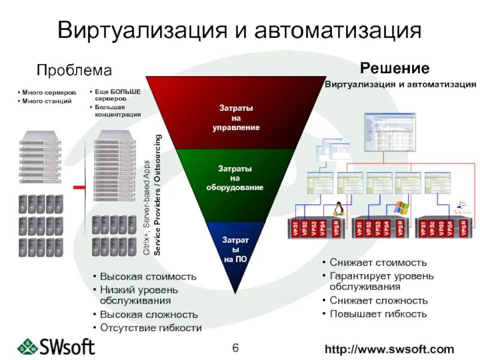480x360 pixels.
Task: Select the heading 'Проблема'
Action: click(x=74, y=71)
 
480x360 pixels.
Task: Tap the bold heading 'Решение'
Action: click(x=394, y=68)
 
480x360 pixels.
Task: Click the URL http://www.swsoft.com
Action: click(x=389, y=349)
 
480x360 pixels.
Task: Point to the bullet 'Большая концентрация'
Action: click(x=119, y=111)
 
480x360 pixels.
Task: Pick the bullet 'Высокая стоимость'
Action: click(x=148, y=277)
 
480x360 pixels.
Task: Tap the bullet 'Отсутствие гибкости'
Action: click(x=151, y=328)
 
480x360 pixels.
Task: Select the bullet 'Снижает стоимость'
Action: click(x=377, y=262)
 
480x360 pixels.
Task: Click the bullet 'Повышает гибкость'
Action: click(x=377, y=314)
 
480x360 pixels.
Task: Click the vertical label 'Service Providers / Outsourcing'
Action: click(x=157, y=195)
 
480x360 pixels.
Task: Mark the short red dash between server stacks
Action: click(x=78, y=188)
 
